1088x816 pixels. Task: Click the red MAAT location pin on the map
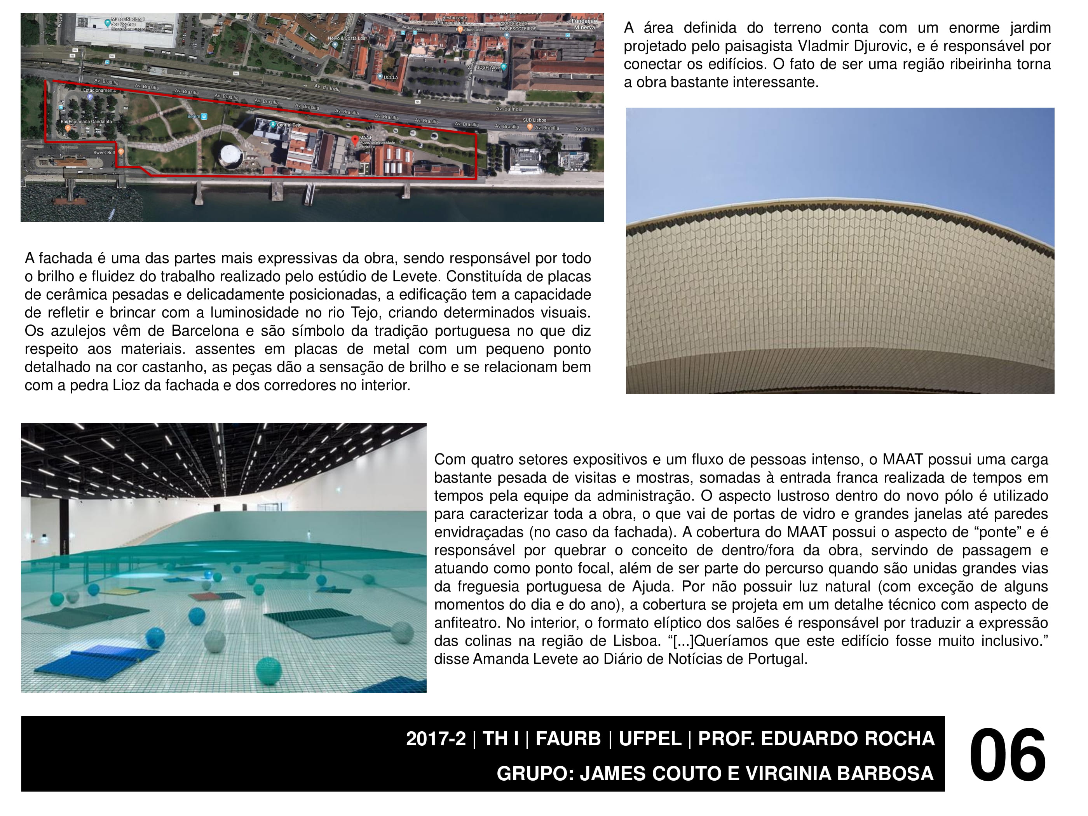click(355, 141)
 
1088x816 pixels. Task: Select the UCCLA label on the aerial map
click(391, 77)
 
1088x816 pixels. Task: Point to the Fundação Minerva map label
click(584, 24)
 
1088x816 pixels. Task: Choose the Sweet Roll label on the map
click(104, 152)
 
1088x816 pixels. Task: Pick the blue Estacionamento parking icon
click(90, 97)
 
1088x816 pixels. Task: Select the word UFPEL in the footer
click(650, 739)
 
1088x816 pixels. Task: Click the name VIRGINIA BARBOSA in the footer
click(839, 774)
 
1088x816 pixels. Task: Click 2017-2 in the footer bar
click(435, 739)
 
